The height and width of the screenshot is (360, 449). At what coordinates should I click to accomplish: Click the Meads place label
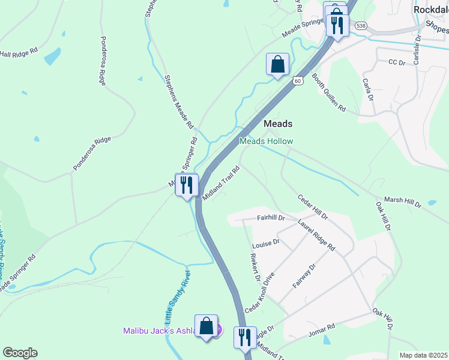(279, 124)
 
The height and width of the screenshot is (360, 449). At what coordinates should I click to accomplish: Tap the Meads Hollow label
(267, 141)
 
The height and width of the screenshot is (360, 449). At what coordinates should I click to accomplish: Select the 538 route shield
(360, 26)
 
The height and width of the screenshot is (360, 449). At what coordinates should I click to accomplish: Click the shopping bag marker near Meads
(277, 64)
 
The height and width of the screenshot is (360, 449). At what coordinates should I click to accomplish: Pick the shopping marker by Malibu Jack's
(206, 327)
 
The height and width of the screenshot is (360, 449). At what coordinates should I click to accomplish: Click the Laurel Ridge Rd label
(316, 235)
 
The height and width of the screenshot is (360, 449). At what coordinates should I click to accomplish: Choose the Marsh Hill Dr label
(402, 202)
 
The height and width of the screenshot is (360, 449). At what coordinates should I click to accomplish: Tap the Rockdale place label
(430, 10)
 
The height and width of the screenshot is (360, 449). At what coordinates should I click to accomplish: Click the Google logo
(20, 353)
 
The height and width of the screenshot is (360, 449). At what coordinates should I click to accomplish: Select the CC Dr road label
(397, 62)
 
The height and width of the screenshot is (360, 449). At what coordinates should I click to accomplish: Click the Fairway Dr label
(304, 276)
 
